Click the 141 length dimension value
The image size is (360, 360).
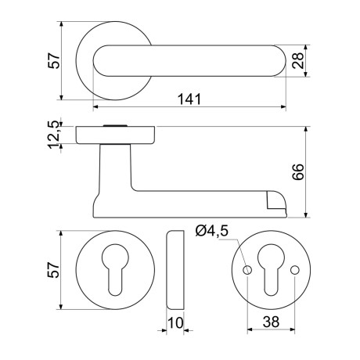189,99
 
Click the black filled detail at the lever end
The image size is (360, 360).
275,205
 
